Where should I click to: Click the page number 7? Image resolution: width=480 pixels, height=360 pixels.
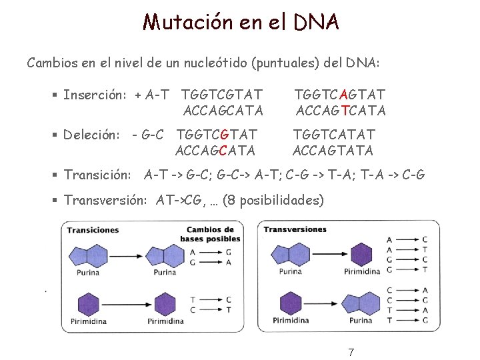click(351, 352)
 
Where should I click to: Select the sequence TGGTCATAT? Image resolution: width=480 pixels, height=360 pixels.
click(334, 135)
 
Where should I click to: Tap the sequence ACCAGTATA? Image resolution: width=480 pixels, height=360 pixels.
click(334, 151)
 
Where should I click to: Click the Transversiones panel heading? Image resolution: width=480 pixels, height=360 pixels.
click(295, 230)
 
